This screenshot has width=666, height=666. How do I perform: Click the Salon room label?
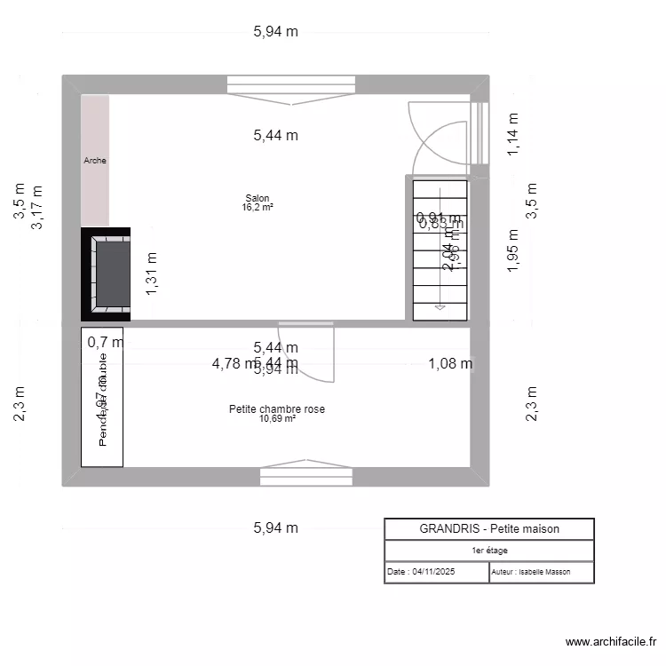[258, 198]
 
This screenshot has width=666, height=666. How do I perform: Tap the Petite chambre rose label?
[276, 409]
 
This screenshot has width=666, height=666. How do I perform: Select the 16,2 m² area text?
[258, 207]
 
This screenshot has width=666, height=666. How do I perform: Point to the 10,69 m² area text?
[277, 418]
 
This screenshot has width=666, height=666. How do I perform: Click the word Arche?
[95, 161]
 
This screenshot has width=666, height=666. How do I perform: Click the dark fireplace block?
[107, 273]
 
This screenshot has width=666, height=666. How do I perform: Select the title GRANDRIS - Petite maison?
[489, 528]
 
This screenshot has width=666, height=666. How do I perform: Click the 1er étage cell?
[489, 551]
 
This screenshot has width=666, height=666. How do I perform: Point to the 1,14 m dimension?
[511, 136]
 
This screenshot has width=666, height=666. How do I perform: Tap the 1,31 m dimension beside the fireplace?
[152, 273]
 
